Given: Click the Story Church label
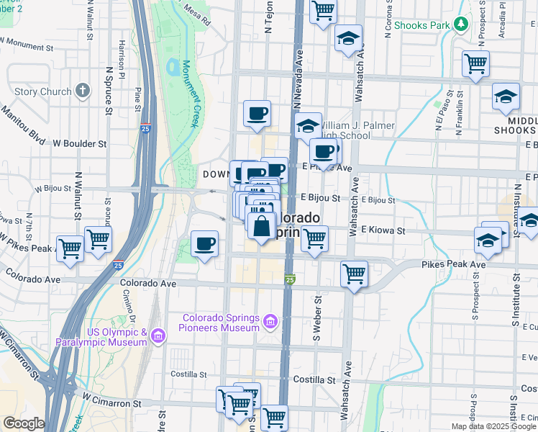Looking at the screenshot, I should pos(42,91).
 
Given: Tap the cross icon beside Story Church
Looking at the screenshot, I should pos(83,91).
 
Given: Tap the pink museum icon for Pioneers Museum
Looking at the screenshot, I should pos(270,320).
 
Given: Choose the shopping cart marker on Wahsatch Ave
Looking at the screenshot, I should pos(354,274).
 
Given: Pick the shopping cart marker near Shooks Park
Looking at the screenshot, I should pos(475,63).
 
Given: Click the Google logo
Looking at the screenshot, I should pos(23,423).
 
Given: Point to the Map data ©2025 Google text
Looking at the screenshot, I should pos(493,426).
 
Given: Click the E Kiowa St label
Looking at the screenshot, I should pos(383,230).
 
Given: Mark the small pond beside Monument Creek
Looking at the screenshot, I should pos(173,68).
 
